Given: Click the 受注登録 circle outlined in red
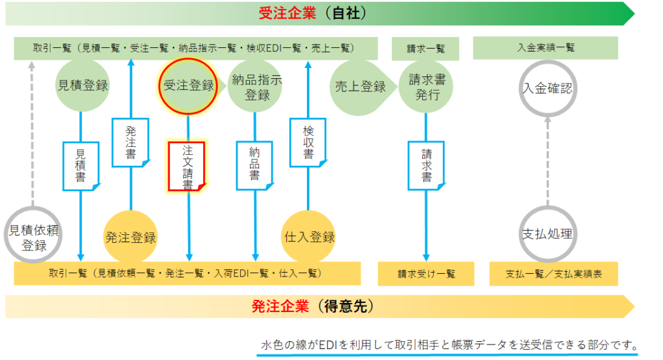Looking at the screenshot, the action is (x=188, y=86).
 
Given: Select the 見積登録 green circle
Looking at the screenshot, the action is (x=82, y=86).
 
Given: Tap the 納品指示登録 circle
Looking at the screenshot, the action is (x=255, y=86).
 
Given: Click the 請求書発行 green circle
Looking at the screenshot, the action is (x=426, y=86).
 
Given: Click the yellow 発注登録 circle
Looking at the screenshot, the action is (x=131, y=237).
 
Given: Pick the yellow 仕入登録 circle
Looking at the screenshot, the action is (x=309, y=237).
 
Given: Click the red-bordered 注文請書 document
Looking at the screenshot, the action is (x=187, y=166).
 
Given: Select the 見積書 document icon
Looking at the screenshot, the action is (x=81, y=166).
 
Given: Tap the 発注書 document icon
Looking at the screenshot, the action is (x=131, y=142).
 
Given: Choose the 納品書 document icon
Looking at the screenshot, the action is (x=254, y=165).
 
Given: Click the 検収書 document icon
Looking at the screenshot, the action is (x=308, y=142).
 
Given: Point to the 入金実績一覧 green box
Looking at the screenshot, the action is (x=545, y=48).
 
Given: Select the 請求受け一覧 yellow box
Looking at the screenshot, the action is (x=426, y=274).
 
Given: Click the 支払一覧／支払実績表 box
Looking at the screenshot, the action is (x=554, y=274).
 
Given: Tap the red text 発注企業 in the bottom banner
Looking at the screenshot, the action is (x=280, y=306).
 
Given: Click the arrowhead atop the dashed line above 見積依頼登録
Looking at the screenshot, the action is (x=32, y=65).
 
